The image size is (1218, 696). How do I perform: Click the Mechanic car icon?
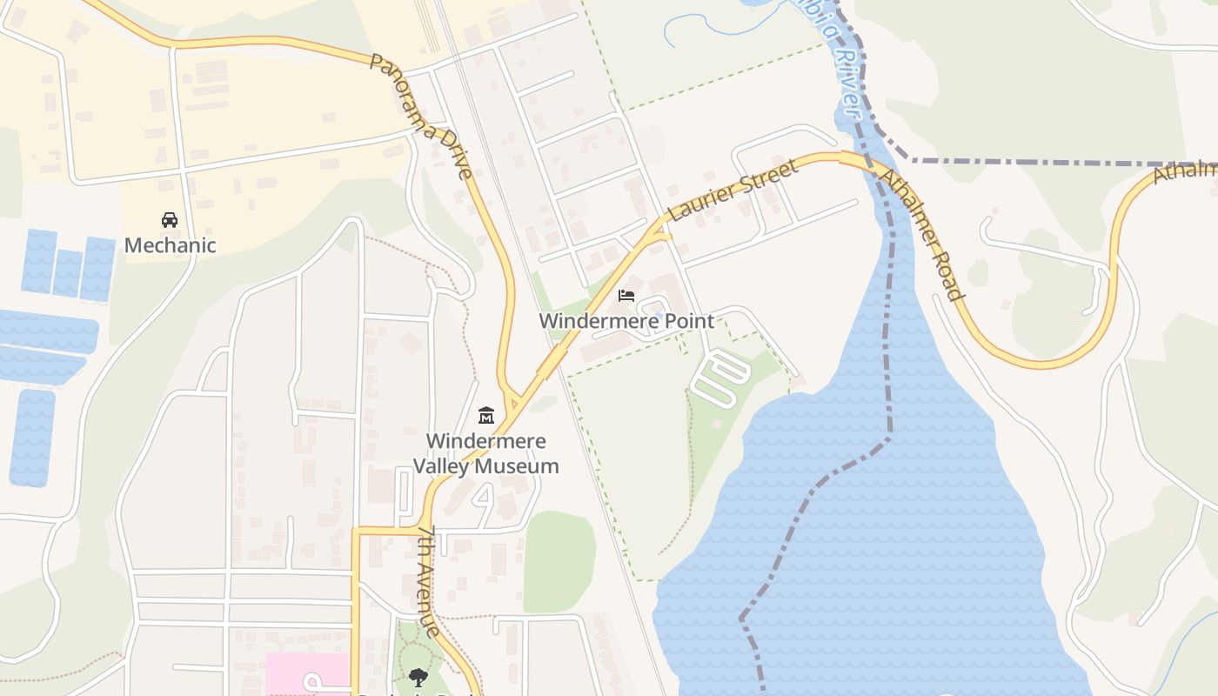pos(170,220)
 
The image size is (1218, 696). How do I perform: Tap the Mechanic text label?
pos(170,245)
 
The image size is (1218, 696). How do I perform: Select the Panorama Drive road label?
pos(421,115)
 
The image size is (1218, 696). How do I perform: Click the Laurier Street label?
pos(733,191)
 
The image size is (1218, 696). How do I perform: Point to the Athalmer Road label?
pos(921,233)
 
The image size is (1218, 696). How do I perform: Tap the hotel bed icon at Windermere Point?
pos(626,296)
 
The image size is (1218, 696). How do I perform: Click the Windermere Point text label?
pos(626,321)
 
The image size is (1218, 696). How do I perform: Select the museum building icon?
pos(486,416)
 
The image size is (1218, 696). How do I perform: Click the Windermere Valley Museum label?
pos(485,453)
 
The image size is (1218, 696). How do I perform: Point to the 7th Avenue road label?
pos(429,580)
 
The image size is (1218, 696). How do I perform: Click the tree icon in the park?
pos(418,677)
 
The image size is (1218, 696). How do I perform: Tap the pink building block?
pos(306,673)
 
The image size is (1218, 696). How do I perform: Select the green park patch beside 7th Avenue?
pos(560,560)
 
